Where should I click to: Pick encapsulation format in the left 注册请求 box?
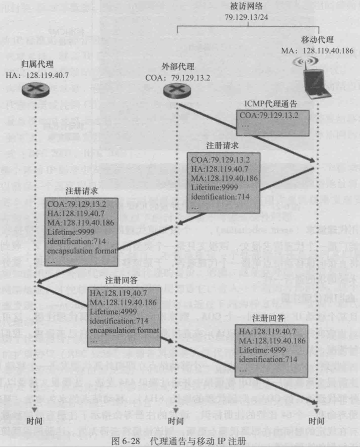coord(82,251)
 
